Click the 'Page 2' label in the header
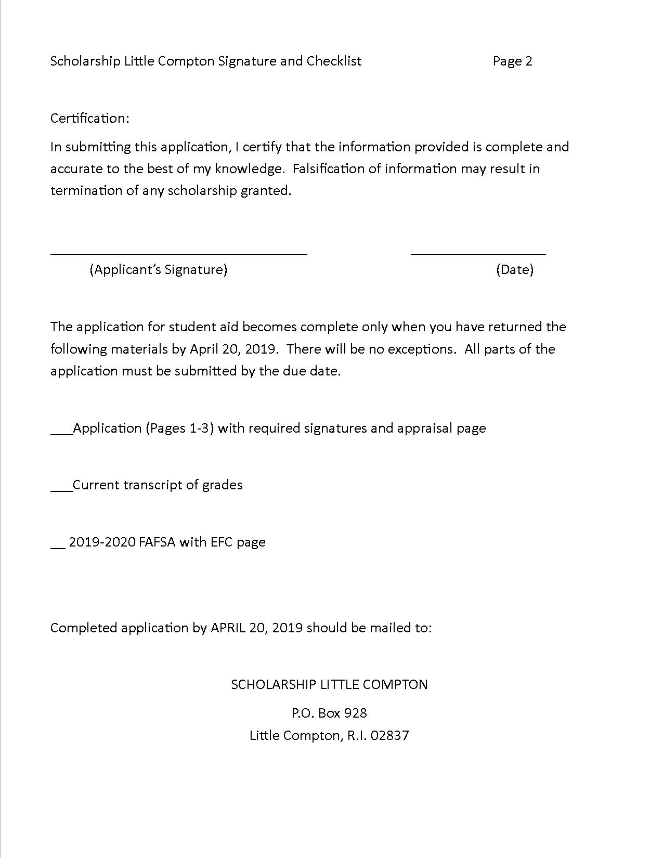(512, 61)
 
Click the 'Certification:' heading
(89, 119)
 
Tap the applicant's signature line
(178, 253)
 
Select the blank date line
(478, 253)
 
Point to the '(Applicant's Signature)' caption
(158, 269)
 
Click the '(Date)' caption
(514, 269)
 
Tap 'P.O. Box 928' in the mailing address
(329, 713)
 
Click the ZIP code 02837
(391, 736)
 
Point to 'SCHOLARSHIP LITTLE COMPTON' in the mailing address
(329, 684)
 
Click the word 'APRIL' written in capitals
(228, 628)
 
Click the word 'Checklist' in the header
(334, 61)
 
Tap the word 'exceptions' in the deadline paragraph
(419, 349)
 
